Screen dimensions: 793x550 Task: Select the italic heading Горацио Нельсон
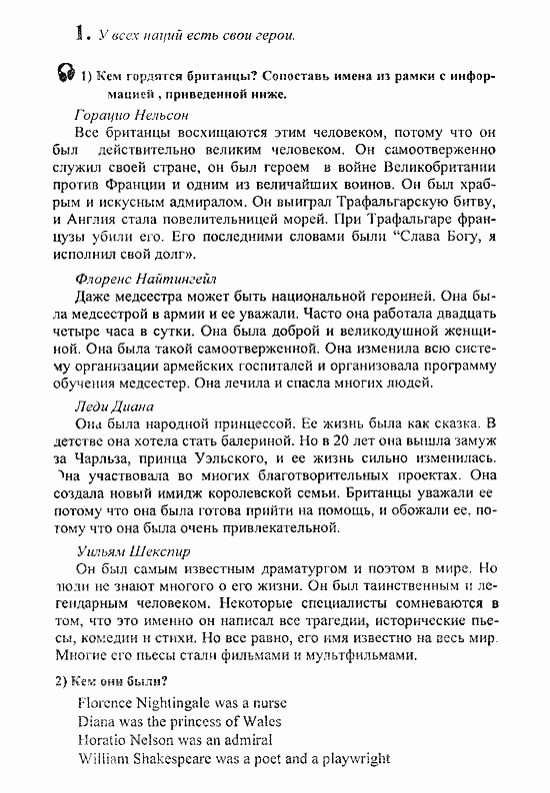[x=131, y=114]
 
